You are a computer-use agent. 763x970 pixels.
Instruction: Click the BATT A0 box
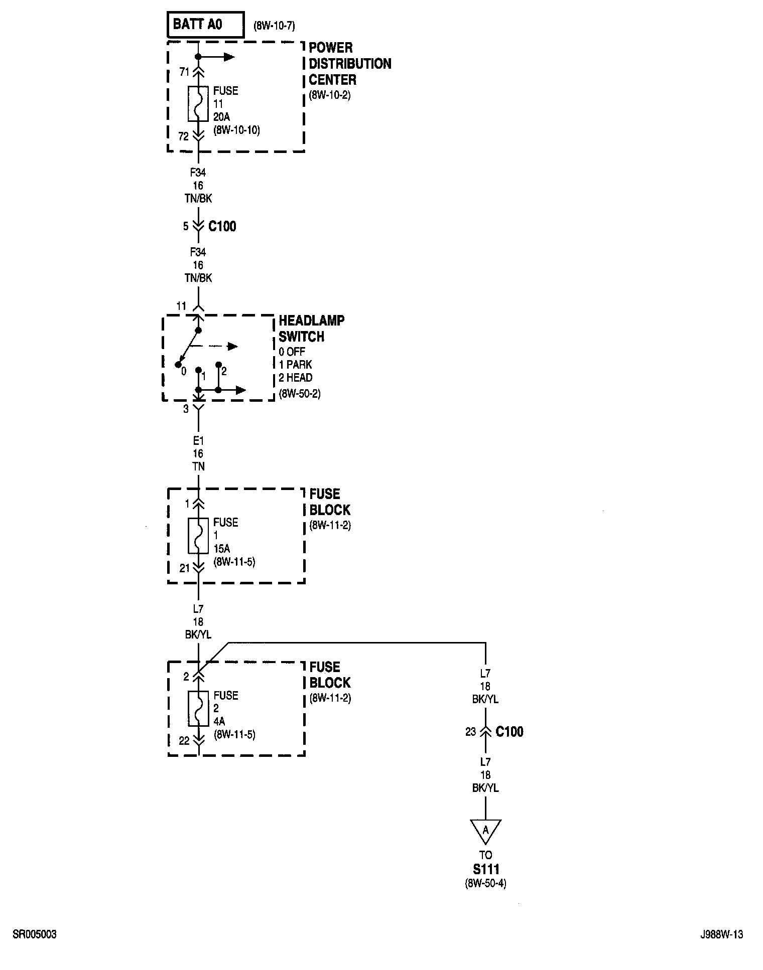[x=205, y=25]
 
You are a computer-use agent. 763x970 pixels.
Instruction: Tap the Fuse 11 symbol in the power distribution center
[x=198, y=104]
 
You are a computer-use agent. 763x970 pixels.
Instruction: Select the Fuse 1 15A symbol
[x=198, y=535]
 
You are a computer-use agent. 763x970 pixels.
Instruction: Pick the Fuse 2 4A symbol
[x=198, y=708]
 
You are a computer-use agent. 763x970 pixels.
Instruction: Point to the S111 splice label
[x=485, y=869]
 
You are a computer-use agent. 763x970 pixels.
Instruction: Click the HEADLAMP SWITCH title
[x=311, y=329]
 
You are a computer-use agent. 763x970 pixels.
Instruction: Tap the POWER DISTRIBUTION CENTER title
[x=349, y=64]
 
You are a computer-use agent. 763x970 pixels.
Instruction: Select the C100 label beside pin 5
[x=222, y=227]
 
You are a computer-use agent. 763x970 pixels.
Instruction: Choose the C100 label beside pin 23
[x=509, y=732]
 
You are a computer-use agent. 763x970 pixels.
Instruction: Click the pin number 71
[x=184, y=72]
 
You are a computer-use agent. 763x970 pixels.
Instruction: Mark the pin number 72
[x=184, y=136]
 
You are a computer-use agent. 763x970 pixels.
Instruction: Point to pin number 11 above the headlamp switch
[x=181, y=306]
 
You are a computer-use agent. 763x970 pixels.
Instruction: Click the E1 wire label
[x=198, y=441]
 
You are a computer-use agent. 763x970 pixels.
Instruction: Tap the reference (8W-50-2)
[x=300, y=394]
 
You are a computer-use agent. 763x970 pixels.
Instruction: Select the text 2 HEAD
[x=296, y=378]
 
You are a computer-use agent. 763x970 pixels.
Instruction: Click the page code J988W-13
[x=722, y=934]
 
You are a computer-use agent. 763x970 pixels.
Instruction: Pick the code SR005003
[x=35, y=934]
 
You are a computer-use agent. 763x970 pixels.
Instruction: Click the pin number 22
[x=184, y=741]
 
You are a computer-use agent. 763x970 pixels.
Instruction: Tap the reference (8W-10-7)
[x=274, y=26]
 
